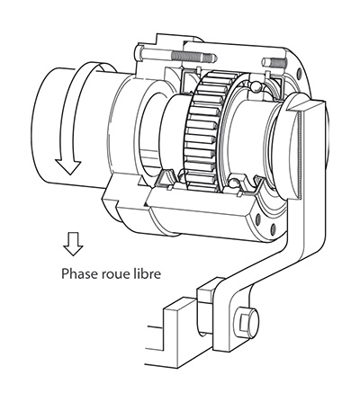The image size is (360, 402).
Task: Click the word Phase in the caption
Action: (x=76, y=273)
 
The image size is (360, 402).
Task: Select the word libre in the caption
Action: (x=146, y=273)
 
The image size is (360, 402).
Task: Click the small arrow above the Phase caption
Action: (x=73, y=244)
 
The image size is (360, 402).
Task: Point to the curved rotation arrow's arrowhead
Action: (x=68, y=166)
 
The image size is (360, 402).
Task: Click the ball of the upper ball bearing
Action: (x=256, y=86)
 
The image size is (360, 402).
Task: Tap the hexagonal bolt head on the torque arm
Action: (x=246, y=323)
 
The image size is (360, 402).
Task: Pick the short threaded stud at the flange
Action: (x=274, y=63)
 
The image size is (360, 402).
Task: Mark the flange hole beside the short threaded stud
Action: (x=299, y=73)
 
